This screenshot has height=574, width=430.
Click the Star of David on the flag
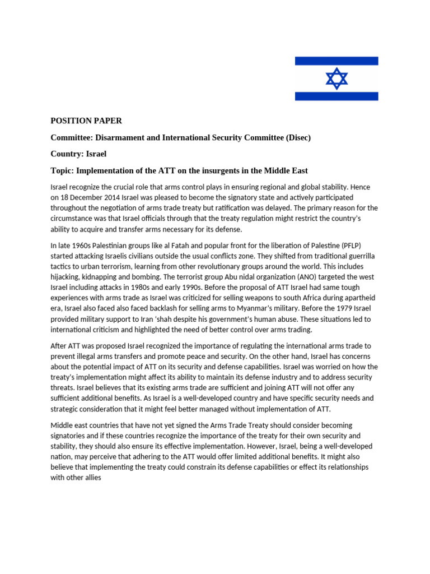coord(336,78)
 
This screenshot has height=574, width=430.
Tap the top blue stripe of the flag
coord(336,61)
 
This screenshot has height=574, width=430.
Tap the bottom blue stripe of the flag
coord(336,96)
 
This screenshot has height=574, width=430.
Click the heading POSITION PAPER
coord(86,121)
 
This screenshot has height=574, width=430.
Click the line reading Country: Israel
coord(78,154)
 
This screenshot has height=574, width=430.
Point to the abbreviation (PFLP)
coord(364,245)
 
